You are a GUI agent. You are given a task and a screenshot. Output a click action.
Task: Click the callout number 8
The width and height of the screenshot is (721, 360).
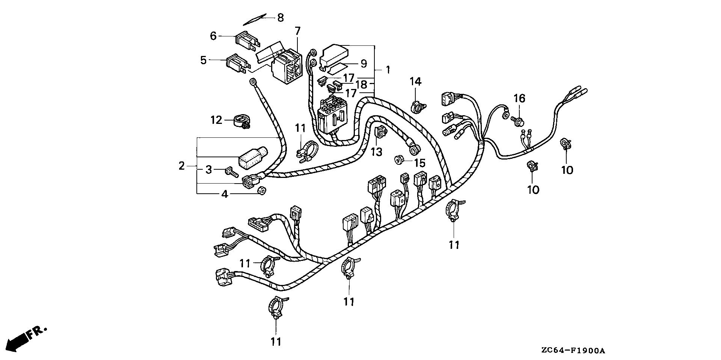281,18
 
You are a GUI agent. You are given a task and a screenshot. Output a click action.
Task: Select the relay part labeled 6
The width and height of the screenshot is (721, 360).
246,41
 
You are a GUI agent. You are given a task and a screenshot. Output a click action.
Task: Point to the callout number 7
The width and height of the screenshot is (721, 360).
297,31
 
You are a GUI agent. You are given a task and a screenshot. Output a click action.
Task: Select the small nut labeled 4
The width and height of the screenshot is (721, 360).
261,191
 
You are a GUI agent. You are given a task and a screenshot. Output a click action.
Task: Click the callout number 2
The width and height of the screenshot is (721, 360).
182,166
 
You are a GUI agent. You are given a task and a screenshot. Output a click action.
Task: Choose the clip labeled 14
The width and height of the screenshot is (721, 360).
416,107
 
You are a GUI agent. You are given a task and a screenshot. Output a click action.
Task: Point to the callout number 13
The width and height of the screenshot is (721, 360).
376,152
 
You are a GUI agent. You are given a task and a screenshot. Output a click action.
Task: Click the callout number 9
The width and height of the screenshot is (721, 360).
364,64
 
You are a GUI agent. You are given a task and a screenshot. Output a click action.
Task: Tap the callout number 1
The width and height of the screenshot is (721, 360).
388,70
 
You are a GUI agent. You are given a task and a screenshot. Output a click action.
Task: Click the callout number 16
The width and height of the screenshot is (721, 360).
519,99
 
